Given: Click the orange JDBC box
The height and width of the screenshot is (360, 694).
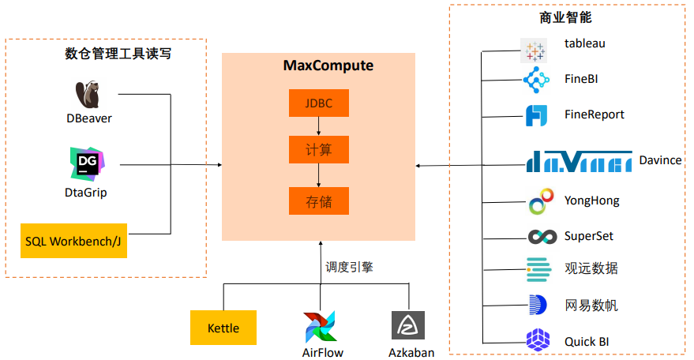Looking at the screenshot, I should (x=318, y=103).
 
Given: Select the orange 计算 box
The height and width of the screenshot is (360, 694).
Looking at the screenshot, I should (x=318, y=148).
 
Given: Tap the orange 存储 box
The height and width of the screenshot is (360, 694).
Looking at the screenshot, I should (x=318, y=201).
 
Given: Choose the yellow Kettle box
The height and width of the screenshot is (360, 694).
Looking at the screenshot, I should (x=223, y=328).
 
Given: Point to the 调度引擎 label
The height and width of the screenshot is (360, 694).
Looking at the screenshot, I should (x=349, y=267).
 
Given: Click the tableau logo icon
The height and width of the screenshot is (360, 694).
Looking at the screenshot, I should (x=535, y=51).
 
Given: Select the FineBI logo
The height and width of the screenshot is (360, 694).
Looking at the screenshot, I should (x=536, y=80).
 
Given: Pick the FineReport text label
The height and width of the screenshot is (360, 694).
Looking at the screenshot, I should (x=595, y=114).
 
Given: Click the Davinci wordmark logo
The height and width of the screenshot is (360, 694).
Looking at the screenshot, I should (x=579, y=161).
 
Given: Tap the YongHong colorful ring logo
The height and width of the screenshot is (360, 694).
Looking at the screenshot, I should (x=538, y=202).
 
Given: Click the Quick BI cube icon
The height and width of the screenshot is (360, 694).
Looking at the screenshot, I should (x=538, y=340).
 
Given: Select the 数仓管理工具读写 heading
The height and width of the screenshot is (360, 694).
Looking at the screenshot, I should (x=118, y=54).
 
